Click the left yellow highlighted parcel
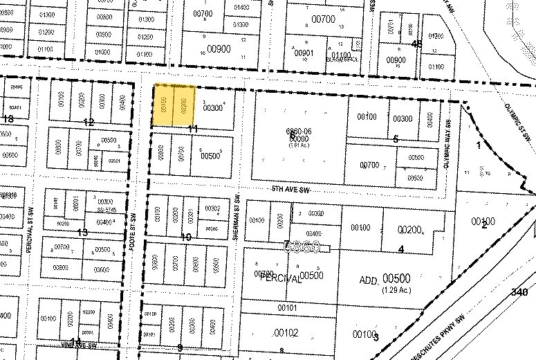pyautogui.click(x=163, y=105)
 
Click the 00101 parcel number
pyautogui.click(x=287, y=307)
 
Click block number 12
pyautogui.click(x=89, y=122)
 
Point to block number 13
pyautogui.click(x=83, y=232)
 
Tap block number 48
pyautogui.click(x=416, y=44)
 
